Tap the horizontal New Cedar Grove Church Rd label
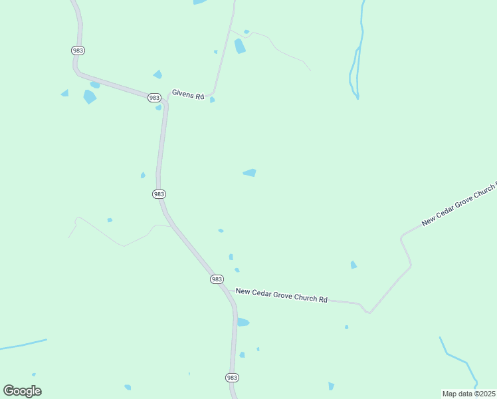point(282,295)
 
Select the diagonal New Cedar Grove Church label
point(458,203)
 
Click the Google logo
point(22,391)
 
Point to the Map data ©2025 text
point(468,393)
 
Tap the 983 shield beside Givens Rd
point(154,97)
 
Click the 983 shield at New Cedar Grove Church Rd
point(217,279)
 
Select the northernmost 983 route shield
point(78,51)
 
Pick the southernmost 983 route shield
point(231,377)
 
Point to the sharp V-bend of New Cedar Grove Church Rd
point(369,311)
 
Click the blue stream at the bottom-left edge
point(23,344)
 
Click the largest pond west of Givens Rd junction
point(89,96)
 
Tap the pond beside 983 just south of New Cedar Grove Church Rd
point(243,323)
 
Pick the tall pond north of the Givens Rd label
point(239,46)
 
